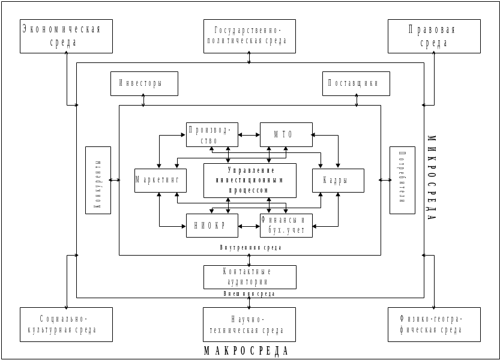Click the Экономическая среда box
coord(66,36)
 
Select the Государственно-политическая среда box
coord(249,36)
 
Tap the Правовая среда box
coord(434,36)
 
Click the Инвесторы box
coord(144,84)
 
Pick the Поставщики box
coord(357,84)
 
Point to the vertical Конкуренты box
coord(98,179)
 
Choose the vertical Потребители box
coord(403,179)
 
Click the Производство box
coord(212,134)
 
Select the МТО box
coord(286,134)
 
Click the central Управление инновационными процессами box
coord(250,180)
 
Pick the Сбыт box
coord(338,180)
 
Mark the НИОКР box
coord(212,226)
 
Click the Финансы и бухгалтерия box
coord(286,226)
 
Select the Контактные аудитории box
coord(250,277)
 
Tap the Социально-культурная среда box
coord(66,325)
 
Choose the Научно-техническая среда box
coord(249,325)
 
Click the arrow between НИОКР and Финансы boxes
coord(249,226)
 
